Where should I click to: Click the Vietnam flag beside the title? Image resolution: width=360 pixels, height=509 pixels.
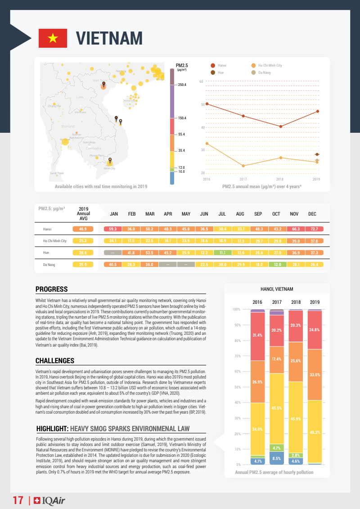click(x=53, y=38)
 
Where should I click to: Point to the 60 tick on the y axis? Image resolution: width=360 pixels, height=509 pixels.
click(x=201, y=81)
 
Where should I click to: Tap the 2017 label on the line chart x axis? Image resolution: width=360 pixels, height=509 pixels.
click(x=243, y=179)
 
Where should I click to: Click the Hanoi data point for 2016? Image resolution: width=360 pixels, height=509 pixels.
click(x=207, y=104)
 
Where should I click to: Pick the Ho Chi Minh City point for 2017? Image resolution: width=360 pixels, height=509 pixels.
click(x=243, y=166)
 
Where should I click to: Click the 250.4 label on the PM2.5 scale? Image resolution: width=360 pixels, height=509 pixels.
click(x=182, y=85)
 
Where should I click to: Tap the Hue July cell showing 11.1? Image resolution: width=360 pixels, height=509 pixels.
click(x=222, y=253)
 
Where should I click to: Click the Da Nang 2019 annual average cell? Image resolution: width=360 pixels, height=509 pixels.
click(x=83, y=265)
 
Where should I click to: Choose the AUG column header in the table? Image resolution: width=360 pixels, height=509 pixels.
click(x=240, y=214)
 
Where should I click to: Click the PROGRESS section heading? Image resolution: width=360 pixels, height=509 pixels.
click(x=51, y=289)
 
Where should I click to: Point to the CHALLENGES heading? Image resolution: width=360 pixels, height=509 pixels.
click(x=54, y=360)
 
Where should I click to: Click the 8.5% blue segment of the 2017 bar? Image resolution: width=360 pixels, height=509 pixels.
click(x=277, y=458)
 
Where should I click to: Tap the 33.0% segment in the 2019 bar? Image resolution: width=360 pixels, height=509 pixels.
click(x=315, y=374)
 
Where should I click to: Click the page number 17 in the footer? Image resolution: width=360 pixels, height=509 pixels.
click(x=18, y=500)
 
